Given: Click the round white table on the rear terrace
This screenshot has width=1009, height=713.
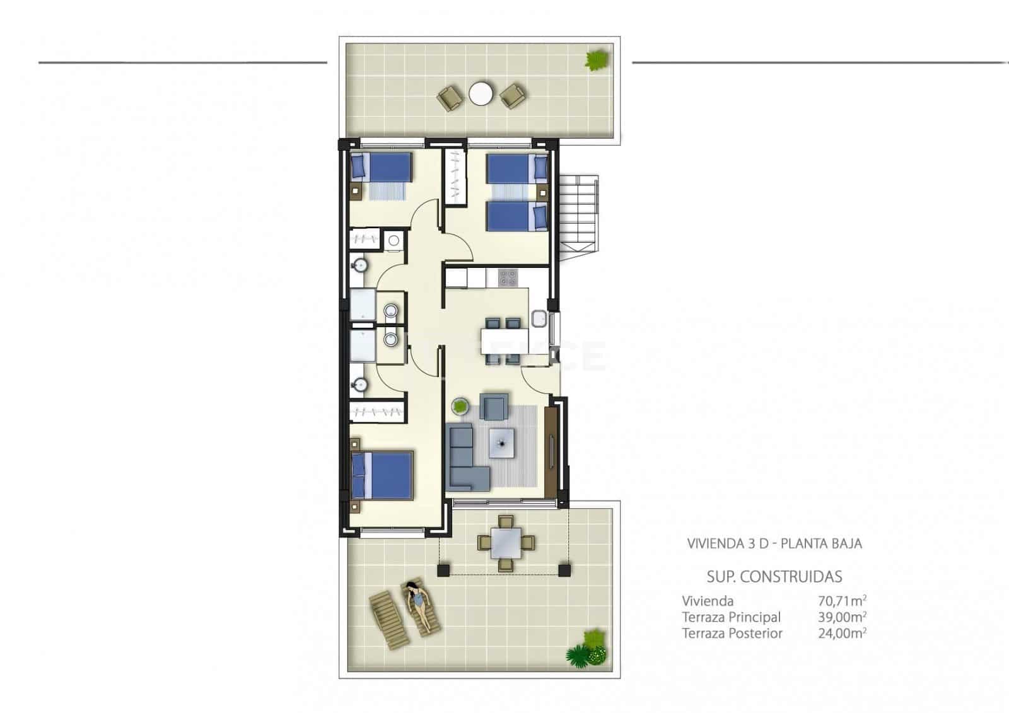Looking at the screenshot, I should [x=481, y=95].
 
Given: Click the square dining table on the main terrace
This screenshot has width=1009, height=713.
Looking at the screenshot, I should [x=506, y=542].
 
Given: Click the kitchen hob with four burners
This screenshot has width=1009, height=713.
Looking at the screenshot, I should [x=508, y=277].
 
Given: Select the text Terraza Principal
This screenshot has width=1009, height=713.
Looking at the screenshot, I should [x=731, y=617].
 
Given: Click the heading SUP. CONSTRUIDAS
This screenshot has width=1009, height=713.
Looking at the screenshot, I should [x=774, y=576].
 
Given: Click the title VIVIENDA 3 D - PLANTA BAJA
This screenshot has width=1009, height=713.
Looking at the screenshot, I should [x=774, y=543].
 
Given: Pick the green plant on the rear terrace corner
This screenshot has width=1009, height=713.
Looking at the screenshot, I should [x=596, y=60].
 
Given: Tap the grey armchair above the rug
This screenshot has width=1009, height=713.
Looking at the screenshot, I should [x=494, y=407].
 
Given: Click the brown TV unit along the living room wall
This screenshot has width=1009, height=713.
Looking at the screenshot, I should [x=551, y=451].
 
